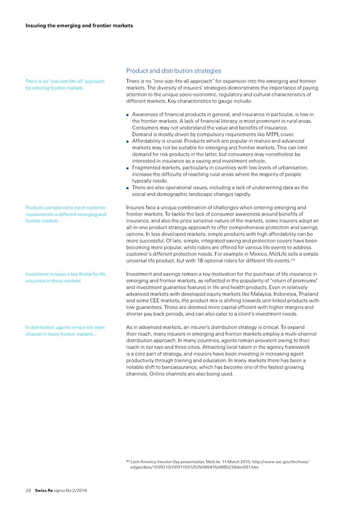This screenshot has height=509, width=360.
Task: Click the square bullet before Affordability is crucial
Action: click(x=128, y=142)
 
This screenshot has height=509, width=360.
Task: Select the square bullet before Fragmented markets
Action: click(x=128, y=168)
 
